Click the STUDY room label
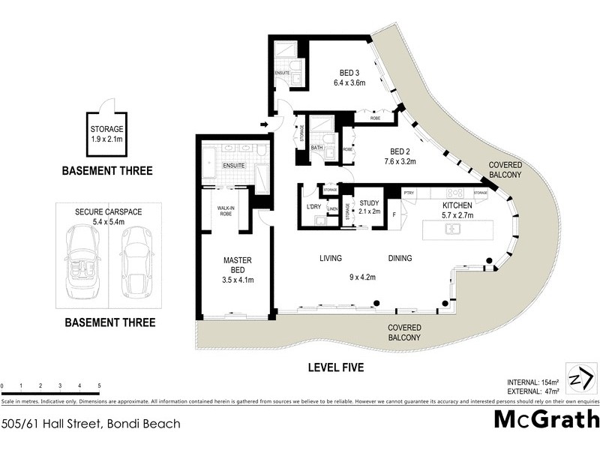[x=369, y=207]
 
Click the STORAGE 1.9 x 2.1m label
[x=106, y=134]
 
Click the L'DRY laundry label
[x=313, y=206]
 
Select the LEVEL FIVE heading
[x=335, y=367]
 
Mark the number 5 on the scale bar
[x=100, y=386]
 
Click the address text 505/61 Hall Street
[x=91, y=424]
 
